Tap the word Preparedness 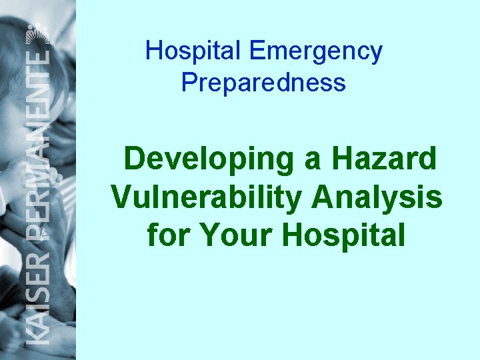[x=263, y=83]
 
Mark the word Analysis [x=377, y=197]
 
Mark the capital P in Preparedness [x=188, y=83]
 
